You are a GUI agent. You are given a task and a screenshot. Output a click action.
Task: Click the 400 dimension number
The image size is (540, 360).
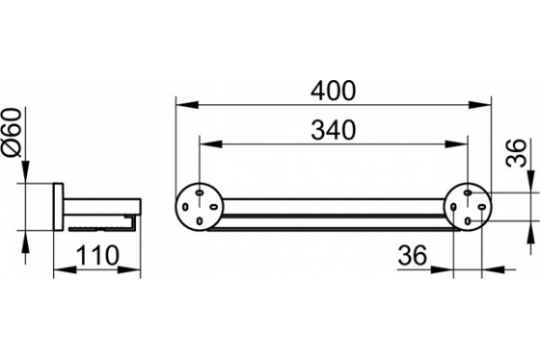(333, 91)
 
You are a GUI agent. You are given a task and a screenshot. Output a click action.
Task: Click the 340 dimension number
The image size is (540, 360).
(333, 130)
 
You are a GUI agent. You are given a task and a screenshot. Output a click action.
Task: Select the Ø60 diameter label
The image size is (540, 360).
(13, 132)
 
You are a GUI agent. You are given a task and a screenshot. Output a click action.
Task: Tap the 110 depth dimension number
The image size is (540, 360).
(97, 256)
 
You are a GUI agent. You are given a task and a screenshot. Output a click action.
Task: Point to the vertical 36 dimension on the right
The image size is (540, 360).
(517, 153)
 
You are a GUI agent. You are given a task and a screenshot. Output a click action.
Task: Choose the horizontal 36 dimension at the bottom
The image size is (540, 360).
(412, 256)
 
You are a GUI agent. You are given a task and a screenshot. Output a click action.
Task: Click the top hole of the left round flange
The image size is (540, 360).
(200, 193)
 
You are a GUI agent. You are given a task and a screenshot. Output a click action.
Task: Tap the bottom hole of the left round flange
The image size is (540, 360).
(200, 220)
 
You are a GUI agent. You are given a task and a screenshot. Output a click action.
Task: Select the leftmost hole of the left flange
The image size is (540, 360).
(185, 207)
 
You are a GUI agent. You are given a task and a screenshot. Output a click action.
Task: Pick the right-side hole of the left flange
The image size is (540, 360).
(213, 207)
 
